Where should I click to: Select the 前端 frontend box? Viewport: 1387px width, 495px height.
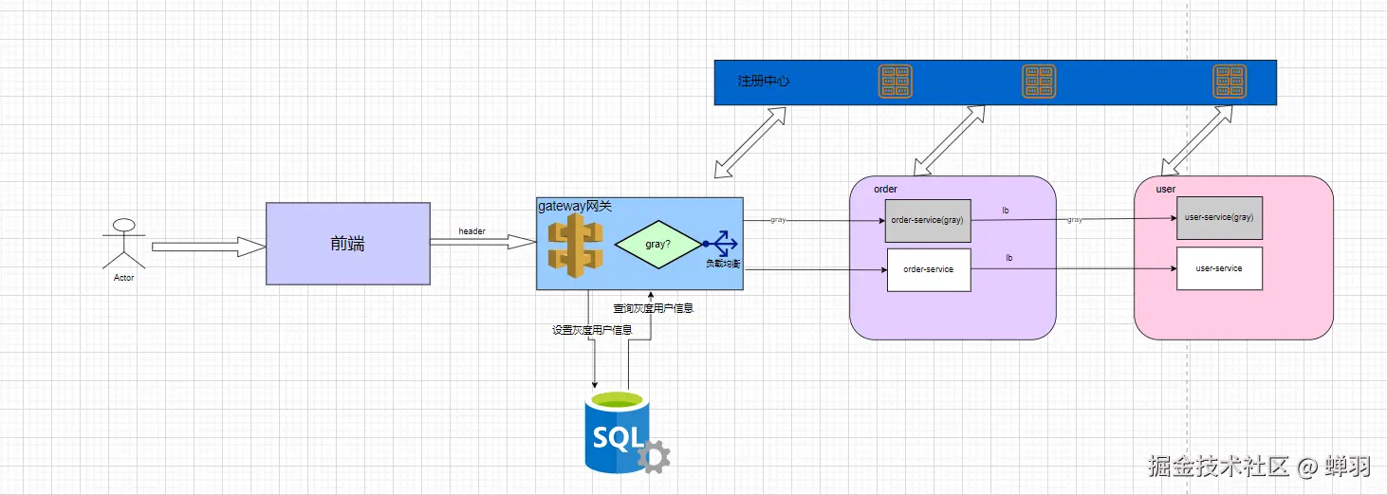[x=347, y=244]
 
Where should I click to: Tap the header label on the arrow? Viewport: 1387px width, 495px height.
[x=472, y=231]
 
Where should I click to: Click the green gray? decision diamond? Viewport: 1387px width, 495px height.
[x=657, y=244]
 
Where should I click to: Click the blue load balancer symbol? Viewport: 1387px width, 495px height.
[x=721, y=244]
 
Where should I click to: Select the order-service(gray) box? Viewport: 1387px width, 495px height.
[x=928, y=220]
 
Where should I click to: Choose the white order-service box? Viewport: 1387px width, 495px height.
[x=928, y=270]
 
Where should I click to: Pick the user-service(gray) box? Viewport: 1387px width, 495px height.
[x=1219, y=217]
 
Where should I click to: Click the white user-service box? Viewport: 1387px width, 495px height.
[x=1219, y=268]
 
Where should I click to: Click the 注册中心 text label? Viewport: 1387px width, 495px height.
[x=764, y=82]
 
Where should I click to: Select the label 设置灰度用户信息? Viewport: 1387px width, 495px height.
[x=592, y=330]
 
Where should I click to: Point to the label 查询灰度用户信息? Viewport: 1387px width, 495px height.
[x=653, y=308]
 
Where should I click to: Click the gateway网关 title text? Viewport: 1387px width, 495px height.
[x=575, y=206]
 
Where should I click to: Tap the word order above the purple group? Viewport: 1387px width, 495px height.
[x=885, y=189]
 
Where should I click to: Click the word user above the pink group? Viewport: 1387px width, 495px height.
[x=1166, y=189]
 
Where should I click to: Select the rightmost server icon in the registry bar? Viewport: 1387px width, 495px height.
[x=1230, y=82]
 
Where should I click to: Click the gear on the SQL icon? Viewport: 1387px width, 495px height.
[x=654, y=457]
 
